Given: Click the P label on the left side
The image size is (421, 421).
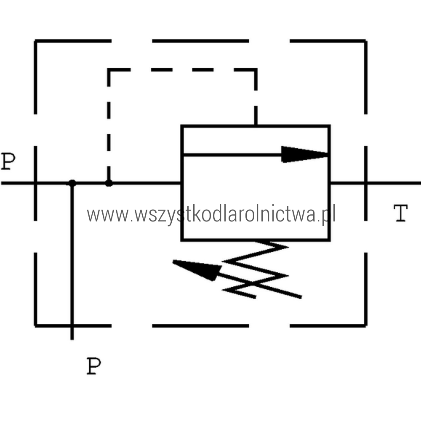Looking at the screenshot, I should tap(8, 161).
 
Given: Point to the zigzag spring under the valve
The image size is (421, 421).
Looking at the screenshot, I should tap(257, 269).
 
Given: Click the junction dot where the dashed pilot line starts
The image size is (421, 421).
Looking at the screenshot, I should tap(109, 183).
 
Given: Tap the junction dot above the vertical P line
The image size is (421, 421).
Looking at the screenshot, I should tap(72, 183).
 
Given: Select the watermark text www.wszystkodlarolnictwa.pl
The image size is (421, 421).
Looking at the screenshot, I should tap(210, 215).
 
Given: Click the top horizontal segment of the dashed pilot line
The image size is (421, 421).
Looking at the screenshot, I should tap(181, 70).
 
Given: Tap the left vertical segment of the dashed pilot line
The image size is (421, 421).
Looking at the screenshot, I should tap(109, 126).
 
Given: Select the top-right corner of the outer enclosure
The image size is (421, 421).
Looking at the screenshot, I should tap(365, 41).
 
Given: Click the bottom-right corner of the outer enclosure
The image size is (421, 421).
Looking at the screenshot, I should tap(365, 325).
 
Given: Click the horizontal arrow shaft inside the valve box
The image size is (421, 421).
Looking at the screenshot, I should tap(232, 155).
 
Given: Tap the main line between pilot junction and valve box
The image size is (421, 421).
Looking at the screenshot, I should tap(145, 183).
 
